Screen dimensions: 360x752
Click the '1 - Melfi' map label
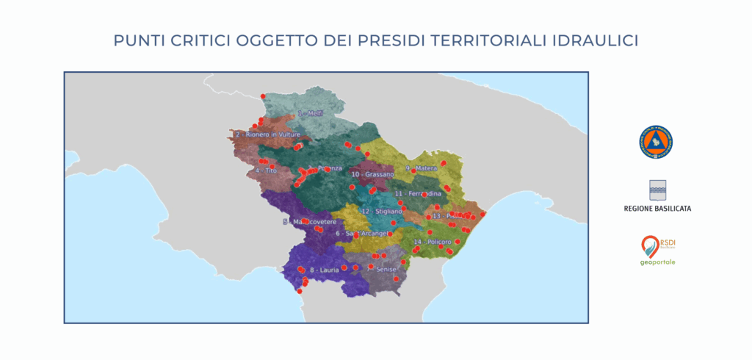(x=311, y=114)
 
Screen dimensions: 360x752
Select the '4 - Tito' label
(x=266, y=170)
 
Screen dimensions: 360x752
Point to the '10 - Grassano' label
(x=372, y=175)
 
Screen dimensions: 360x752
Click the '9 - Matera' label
(x=421, y=168)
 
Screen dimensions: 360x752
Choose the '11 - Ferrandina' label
(x=418, y=193)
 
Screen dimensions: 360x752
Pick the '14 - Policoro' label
(x=433, y=241)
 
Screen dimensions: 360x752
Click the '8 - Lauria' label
(x=322, y=270)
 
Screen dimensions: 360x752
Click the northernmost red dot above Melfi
(x=263, y=96)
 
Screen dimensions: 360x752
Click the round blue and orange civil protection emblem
(x=656, y=143)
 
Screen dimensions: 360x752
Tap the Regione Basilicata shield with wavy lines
(x=657, y=190)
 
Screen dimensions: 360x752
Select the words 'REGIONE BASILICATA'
(x=657, y=209)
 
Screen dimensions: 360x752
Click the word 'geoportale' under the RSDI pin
(x=657, y=262)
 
